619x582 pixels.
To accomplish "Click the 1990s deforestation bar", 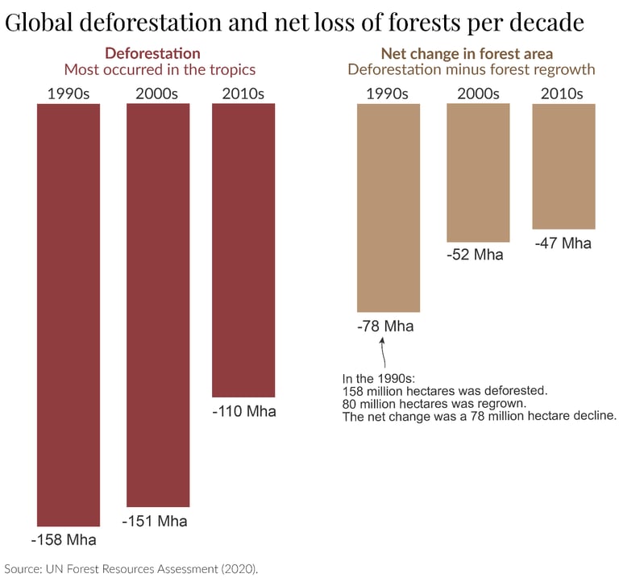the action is tap(69, 314).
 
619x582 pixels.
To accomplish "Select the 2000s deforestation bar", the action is tap(158, 305).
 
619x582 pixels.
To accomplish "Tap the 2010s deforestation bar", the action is tap(243, 251).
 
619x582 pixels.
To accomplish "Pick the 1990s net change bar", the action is tap(388, 208).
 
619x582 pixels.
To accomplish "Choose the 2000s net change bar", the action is tap(478, 173).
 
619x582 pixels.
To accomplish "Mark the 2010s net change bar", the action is tap(563, 166).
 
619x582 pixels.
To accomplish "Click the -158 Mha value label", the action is tap(64, 540).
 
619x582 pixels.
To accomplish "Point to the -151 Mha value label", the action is tap(155, 522).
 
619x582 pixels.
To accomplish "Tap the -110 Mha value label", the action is tap(244, 411).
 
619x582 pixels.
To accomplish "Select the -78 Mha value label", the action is tap(385, 326).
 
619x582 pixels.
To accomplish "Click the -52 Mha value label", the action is tap(475, 255).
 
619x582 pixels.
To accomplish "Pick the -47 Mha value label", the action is tap(563, 243).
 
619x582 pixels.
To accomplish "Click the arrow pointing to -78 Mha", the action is tap(383, 352).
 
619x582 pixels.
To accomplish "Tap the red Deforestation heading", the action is tap(153, 53).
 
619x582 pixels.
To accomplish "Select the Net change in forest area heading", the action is tap(467, 53).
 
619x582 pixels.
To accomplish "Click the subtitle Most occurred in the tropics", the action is tap(160, 69).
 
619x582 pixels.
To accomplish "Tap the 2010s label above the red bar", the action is tap(243, 94).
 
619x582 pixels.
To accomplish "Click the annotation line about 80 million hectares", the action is tap(434, 404).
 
